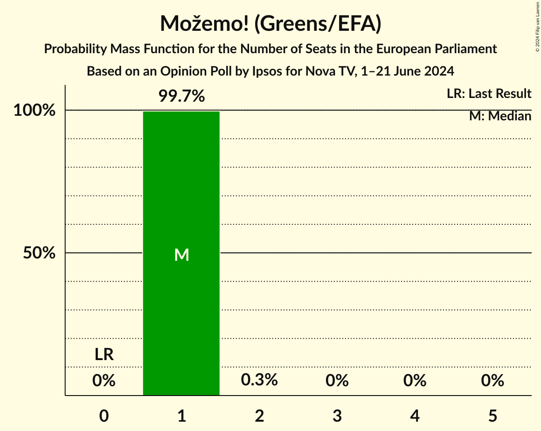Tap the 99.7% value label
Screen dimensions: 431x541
pyautogui.click(x=181, y=97)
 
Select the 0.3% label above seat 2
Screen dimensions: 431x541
pyautogui.click(x=259, y=380)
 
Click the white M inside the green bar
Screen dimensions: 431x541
pyautogui.click(x=181, y=255)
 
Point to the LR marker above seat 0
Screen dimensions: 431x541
pyautogui.click(x=104, y=355)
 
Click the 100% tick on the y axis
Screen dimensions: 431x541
pyautogui.click(x=35, y=111)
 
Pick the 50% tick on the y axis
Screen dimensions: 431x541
pyautogui.click(x=39, y=253)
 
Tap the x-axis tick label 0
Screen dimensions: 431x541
pyautogui.click(x=104, y=416)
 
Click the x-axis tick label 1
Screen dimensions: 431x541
pyautogui.click(x=181, y=416)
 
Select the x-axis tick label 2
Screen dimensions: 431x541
pyautogui.click(x=259, y=416)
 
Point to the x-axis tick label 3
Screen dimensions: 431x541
pyautogui.click(x=337, y=416)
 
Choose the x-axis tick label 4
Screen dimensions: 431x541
pyautogui.click(x=415, y=416)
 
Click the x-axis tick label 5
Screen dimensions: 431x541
pyautogui.click(x=492, y=416)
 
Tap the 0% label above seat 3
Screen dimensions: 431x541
pyautogui.click(x=337, y=381)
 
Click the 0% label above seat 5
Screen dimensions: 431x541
pyautogui.click(x=492, y=381)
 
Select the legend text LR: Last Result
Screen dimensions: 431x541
pyautogui.click(x=489, y=94)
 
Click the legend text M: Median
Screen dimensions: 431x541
pyautogui.click(x=500, y=116)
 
